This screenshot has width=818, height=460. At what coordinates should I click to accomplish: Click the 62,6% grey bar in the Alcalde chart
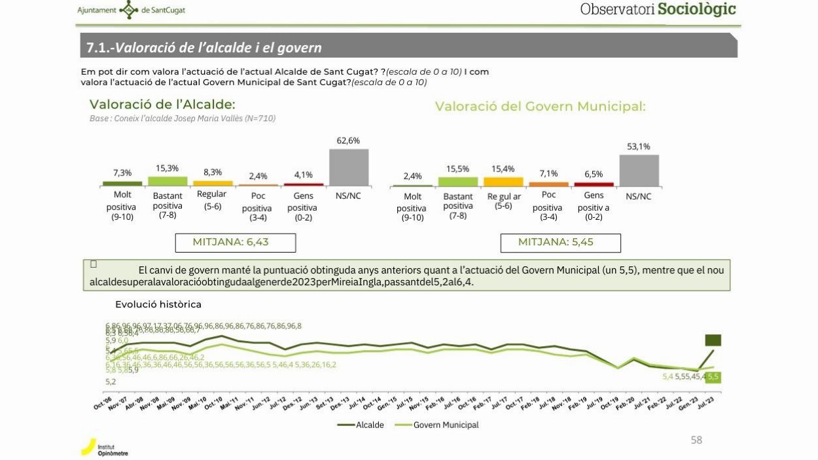(x=348, y=168)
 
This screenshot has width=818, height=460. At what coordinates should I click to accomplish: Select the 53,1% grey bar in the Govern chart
(x=639, y=171)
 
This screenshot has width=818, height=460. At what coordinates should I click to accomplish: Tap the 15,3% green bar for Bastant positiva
(x=168, y=181)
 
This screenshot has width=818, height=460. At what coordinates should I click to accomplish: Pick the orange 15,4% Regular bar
(x=503, y=182)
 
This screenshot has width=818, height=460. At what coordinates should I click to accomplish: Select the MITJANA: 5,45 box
(x=560, y=242)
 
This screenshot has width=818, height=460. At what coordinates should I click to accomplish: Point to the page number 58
(x=696, y=440)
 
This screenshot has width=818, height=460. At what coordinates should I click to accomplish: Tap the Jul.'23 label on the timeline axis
(x=705, y=404)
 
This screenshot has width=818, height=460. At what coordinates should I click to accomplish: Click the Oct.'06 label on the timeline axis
(x=103, y=403)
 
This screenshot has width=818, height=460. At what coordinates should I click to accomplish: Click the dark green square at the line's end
(x=713, y=340)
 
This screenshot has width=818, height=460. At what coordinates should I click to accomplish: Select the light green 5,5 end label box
(x=713, y=377)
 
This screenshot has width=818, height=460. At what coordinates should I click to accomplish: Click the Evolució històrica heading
(x=158, y=304)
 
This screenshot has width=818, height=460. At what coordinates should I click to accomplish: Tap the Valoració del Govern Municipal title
(x=540, y=107)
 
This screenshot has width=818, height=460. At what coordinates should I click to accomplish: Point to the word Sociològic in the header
(x=696, y=9)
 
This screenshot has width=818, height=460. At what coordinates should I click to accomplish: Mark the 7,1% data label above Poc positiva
(x=548, y=173)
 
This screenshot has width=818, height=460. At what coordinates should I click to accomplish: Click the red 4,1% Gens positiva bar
(x=304, y=185)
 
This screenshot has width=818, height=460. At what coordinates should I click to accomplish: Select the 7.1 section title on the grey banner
(x=204, y=48)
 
